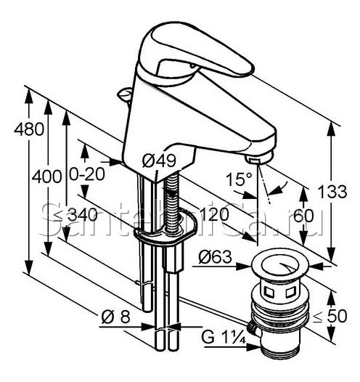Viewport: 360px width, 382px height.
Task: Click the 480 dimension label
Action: pos(29,129)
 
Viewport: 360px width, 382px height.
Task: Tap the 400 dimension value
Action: pos(47,176)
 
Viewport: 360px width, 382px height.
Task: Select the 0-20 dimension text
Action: pos(87,174)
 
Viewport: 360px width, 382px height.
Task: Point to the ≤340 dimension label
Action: pos(75,215)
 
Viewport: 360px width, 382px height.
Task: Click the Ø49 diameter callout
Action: pos(159,160)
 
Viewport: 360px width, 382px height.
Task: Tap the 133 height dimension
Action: pos(332,192)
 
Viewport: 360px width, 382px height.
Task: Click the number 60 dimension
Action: pos(303,216)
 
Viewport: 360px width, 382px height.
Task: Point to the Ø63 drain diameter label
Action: pos(215,257)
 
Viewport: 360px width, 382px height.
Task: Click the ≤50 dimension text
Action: pos(330,316)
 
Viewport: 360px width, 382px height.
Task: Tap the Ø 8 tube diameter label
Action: pos(116,317)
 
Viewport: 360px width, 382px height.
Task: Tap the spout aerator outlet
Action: pos(258,158)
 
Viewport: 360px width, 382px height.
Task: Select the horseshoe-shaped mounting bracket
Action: pos(165,232)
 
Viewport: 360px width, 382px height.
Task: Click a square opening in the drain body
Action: pos(269,292)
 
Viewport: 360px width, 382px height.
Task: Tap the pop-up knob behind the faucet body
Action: pos(125,94)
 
